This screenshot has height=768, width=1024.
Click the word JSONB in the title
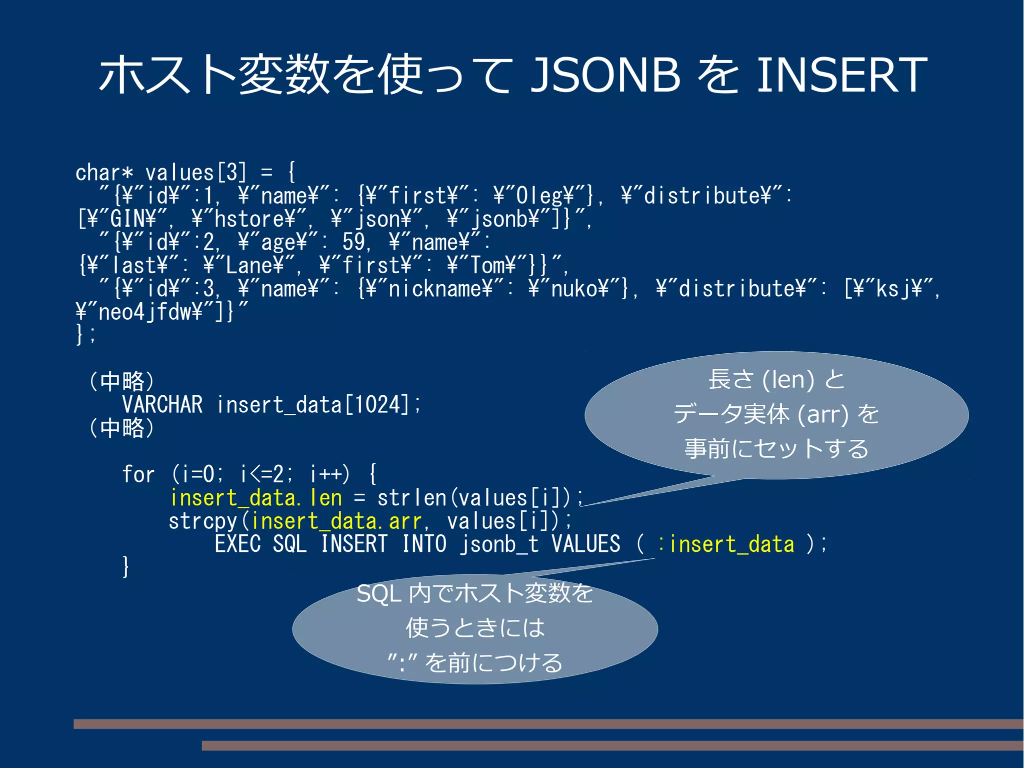coord(604,75)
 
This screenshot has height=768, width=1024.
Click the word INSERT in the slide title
coord(842,75)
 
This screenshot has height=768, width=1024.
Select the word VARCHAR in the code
coord(162,404)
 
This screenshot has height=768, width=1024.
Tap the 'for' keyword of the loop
coord(138,474)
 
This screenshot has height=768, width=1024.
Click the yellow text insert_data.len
coord(256,498)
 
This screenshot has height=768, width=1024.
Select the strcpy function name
coord(203,521)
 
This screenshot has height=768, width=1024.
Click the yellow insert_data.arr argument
coord(336,521)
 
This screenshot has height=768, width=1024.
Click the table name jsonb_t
coord(499,544)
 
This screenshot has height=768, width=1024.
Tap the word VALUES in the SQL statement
coord(586,544)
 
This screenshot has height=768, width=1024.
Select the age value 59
coord(354,242)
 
